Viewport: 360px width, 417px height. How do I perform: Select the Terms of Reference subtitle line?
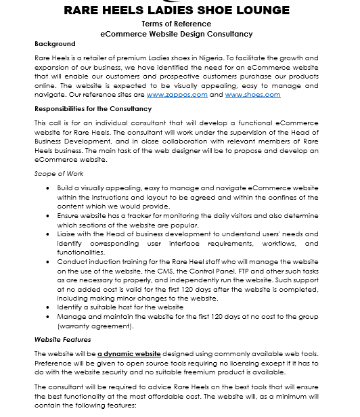click(176, 24)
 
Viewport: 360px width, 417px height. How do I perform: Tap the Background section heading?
click(55, 44)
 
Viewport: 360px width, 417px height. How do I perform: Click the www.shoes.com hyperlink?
click(252, 95)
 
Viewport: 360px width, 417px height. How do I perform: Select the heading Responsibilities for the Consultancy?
click(93, 108)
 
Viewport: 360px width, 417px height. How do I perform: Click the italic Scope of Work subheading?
click(58, 173)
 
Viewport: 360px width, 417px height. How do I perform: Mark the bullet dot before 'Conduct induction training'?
click(47, 261)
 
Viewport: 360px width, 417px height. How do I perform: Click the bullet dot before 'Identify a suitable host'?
click(47, 307)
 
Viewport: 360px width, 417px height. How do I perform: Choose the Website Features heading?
click(62, 339)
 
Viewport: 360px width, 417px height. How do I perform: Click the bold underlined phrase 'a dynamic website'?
click(129, 354)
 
